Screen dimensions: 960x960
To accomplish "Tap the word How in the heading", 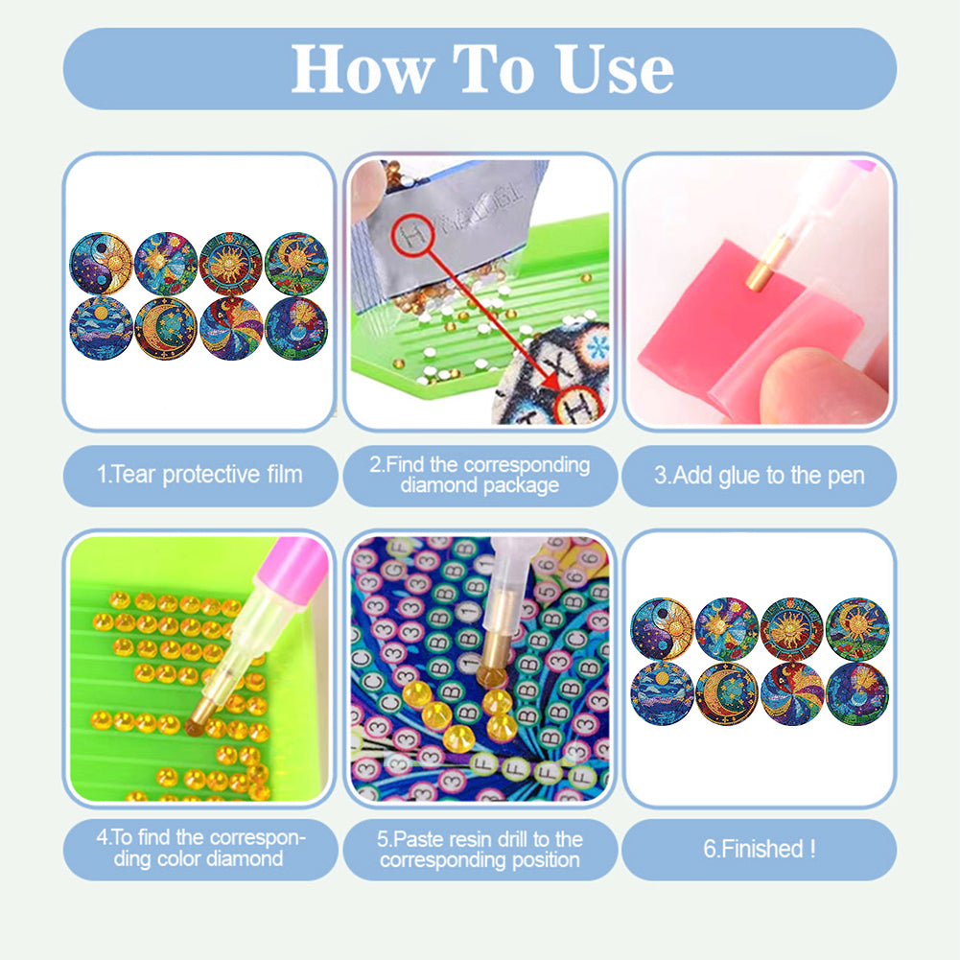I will pyautogui.click(x=355, y=69).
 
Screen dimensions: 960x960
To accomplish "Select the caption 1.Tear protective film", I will pyautogui.click(x=199, y=475).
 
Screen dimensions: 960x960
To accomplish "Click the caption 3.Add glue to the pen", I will pyautogui.click(x=759, y=475).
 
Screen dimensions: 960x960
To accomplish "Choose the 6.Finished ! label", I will pyautogui.click(x=759, y=849).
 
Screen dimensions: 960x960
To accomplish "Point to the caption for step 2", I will pyautogui.click(x=480, y=475).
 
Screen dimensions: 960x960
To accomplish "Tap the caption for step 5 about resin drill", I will pyautogui.click(x=480, y=849).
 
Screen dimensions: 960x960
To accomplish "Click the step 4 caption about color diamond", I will pyautogui.click(x=199, y=849).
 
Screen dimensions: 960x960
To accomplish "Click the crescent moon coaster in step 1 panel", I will pyautogui.click(x=165, y=326).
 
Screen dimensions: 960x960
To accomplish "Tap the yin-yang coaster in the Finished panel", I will pyautogui.click(x=660, y=628).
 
